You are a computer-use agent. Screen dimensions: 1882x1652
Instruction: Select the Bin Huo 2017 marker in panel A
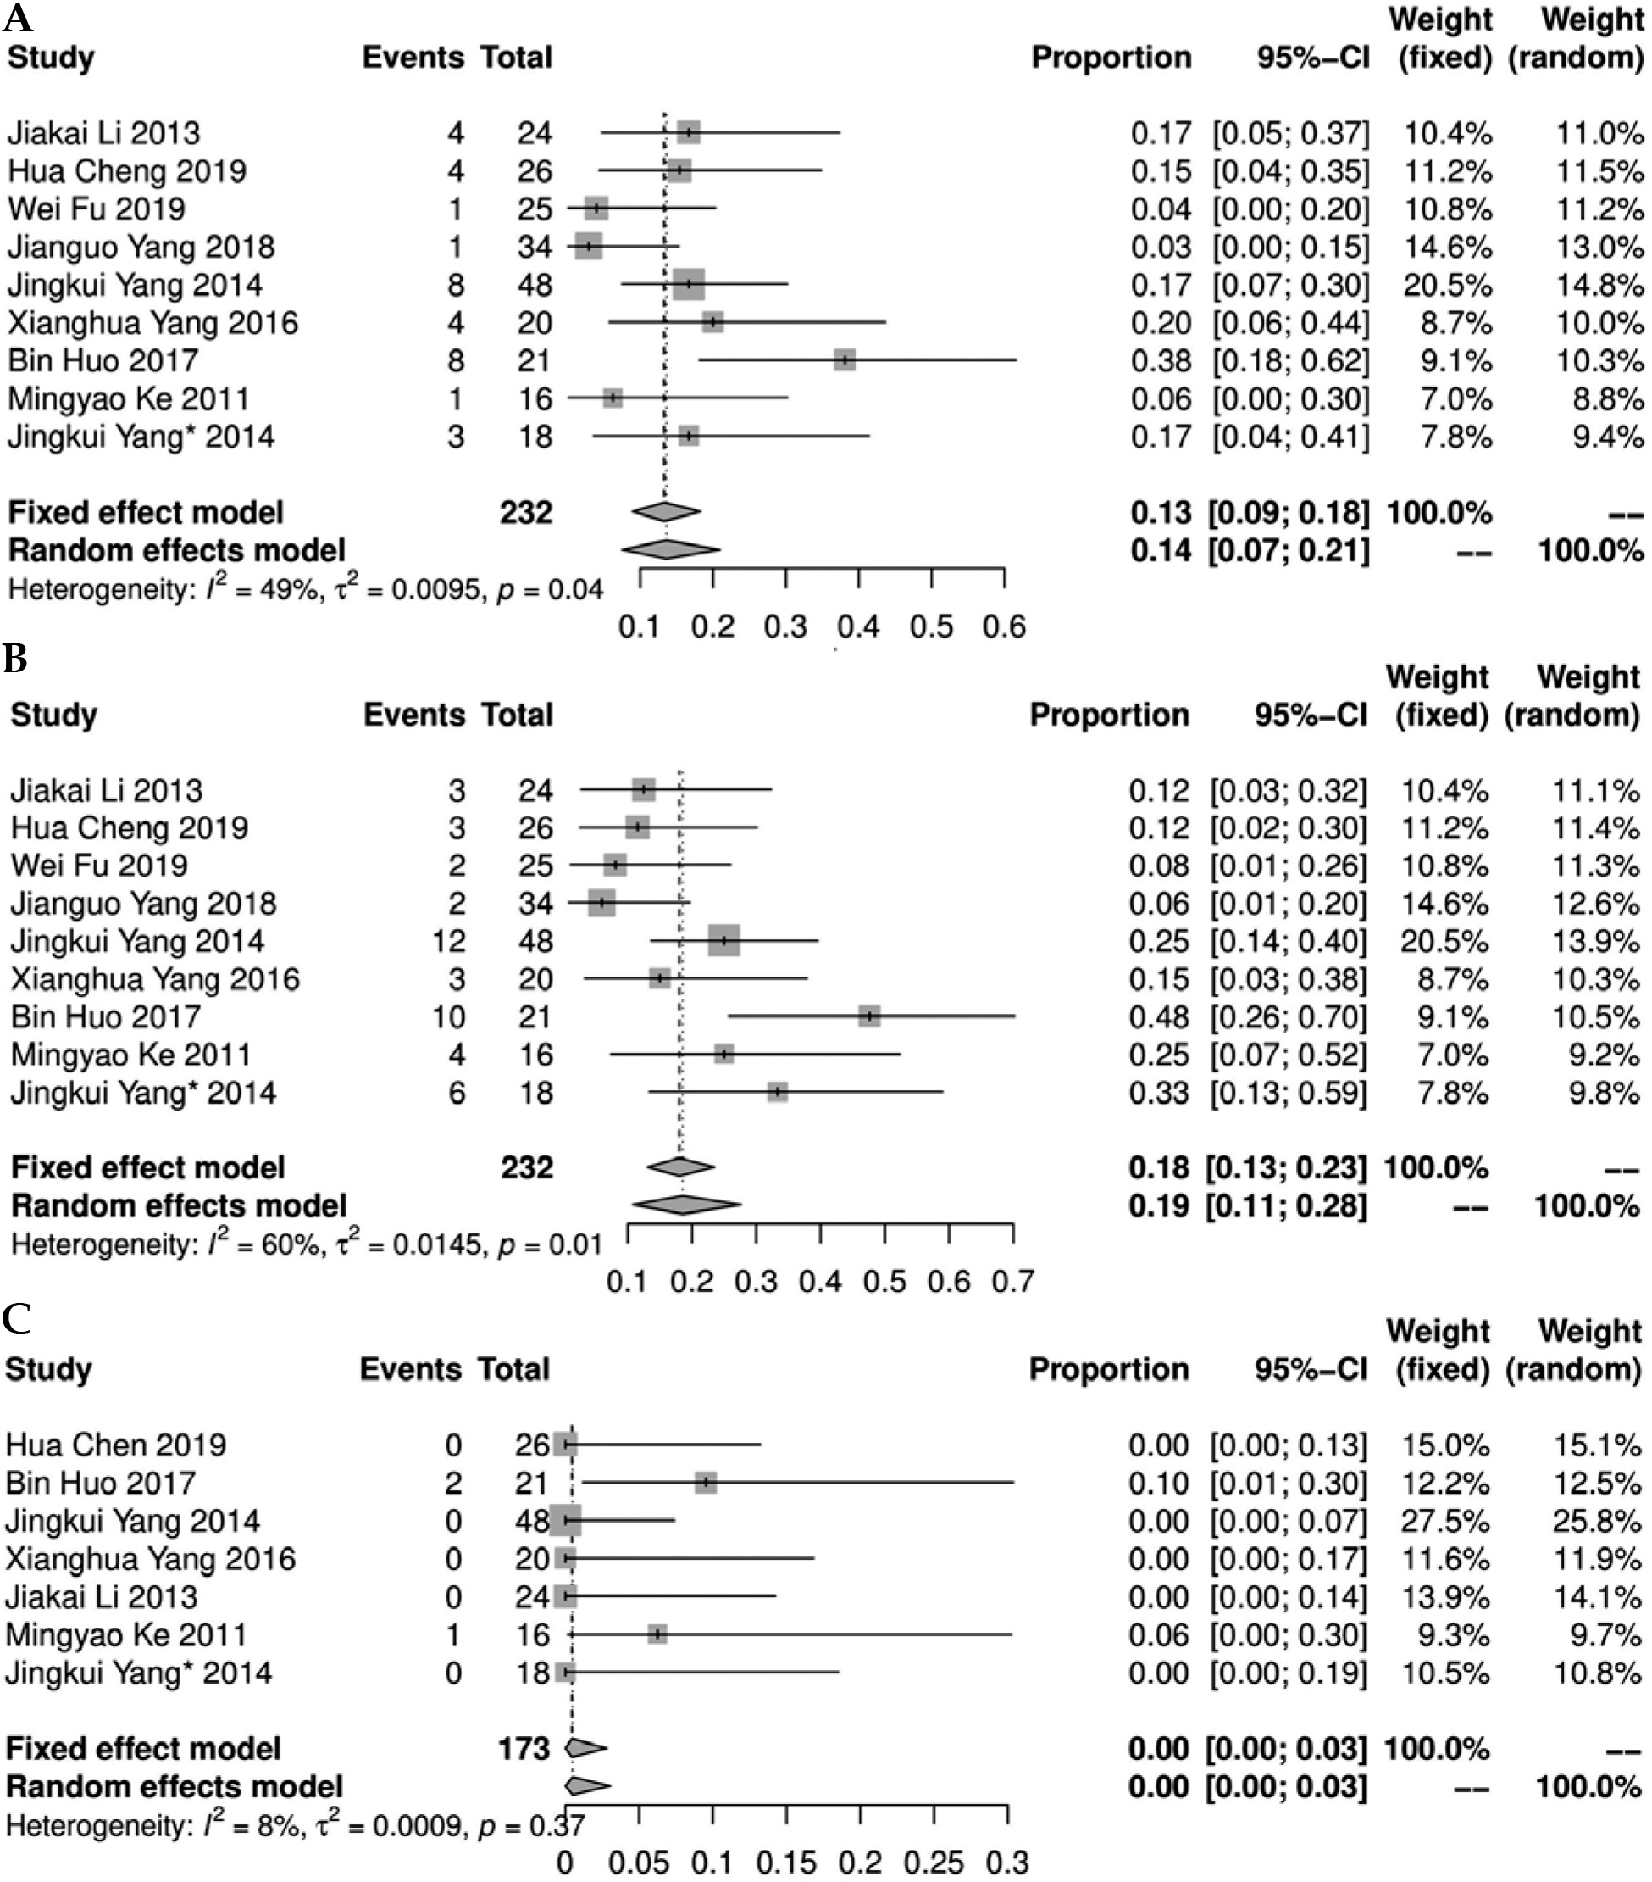[x=844, y=360]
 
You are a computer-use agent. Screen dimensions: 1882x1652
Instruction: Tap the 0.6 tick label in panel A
[x=1004, y=627]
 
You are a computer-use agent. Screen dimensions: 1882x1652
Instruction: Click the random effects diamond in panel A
[x=670, y=549]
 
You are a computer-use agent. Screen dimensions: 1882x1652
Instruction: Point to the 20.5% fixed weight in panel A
[x=1447, y=286]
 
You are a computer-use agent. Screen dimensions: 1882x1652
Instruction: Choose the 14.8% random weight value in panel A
[x=1599, y=286]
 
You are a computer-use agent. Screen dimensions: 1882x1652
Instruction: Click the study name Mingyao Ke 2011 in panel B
[x=130, y=1055]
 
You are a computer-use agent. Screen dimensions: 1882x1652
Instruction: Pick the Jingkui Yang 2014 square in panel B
[x=724, y=940]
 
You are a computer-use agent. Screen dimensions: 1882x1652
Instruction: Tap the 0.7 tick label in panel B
[x=1012, y=1282]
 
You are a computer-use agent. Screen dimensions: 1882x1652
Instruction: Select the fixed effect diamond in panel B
[x=680, y=1167]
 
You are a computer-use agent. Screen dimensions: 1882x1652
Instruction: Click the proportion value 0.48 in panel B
[x=1159, y=1016]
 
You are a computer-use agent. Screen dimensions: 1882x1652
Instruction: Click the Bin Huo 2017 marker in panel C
[x=705, y=1483]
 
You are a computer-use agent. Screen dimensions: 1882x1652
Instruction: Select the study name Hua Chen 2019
[x=116, y=1445]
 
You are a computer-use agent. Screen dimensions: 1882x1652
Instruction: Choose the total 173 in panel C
[x=524, y=1749]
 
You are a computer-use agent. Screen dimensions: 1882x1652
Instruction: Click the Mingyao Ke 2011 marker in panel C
[x=657, y=1634]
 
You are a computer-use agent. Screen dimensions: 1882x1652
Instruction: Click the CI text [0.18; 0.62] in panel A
[x=1290, y=361]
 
